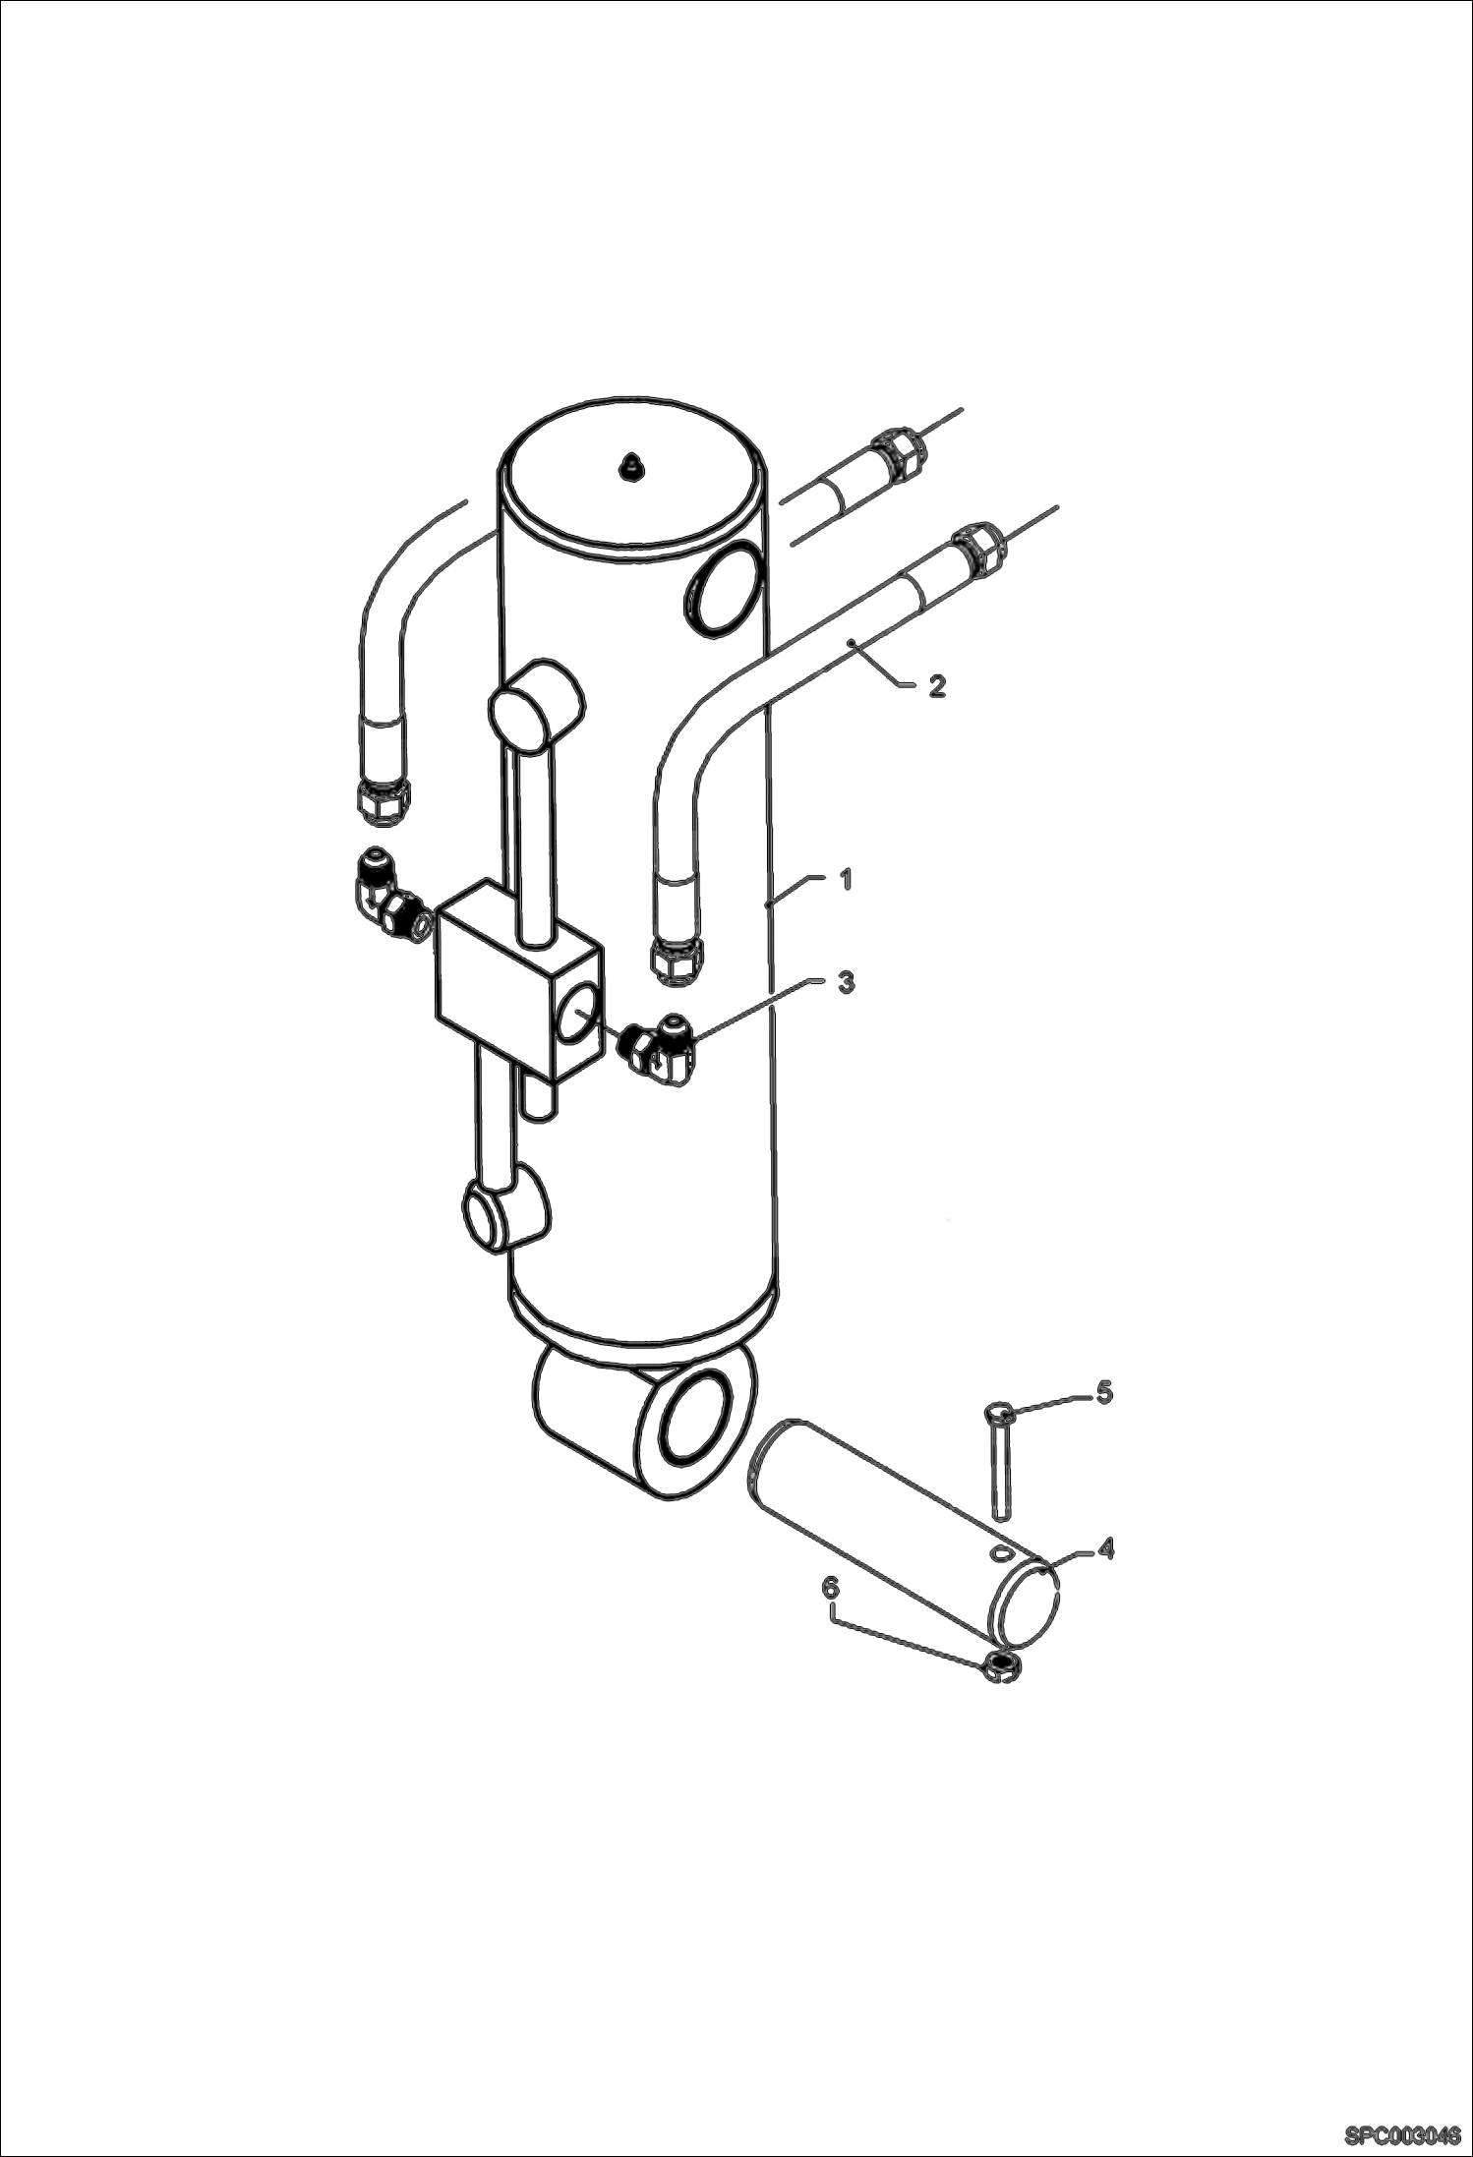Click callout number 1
(x=845, y=880)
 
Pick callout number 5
(x=1104, y=1392)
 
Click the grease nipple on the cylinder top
(x=630, y=466)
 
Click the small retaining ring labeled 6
(x=1001, y=1663)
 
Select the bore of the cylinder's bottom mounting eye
(x=697, y=1422)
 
